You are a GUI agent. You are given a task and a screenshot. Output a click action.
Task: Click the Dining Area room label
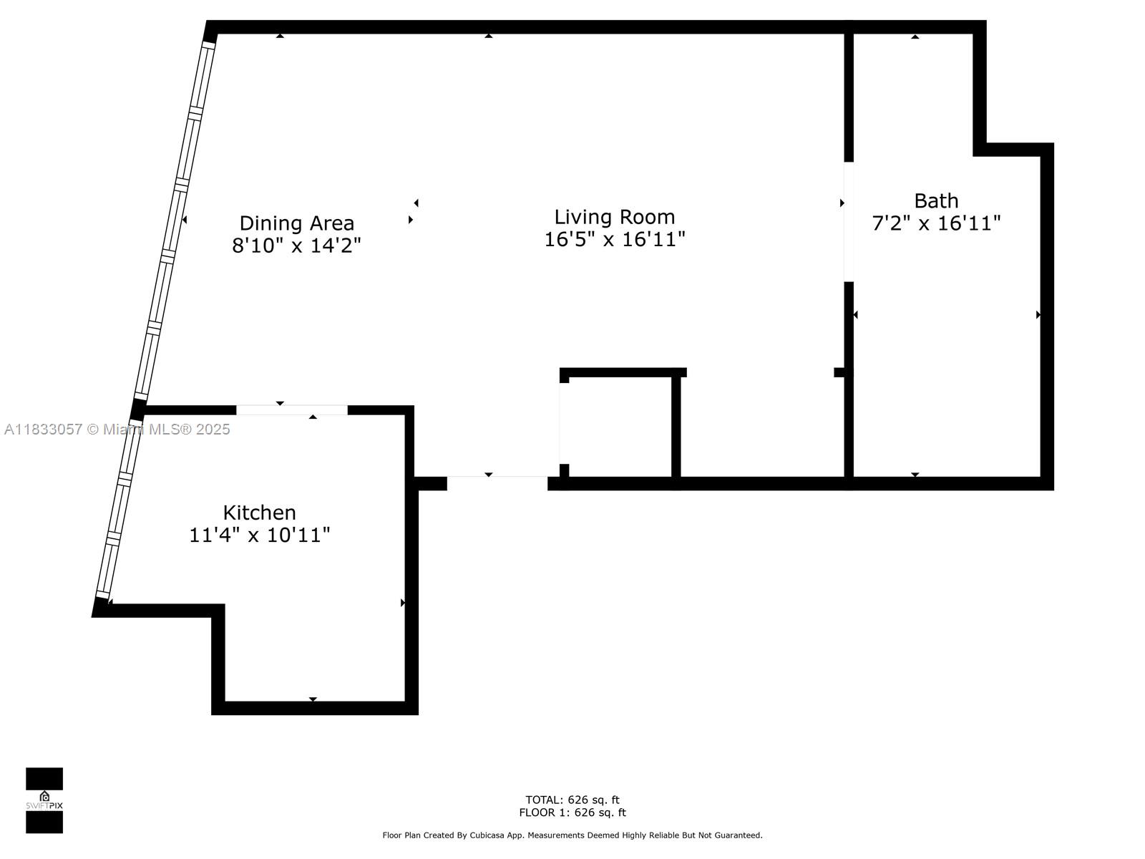pos(296,223)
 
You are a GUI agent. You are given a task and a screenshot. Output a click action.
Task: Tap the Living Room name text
pos(614,217)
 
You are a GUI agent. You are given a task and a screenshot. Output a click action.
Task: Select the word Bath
pos(936,200)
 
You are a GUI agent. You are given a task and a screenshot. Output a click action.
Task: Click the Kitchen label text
pos(259,513)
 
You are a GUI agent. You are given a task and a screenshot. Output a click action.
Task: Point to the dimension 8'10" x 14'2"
pos(296,246)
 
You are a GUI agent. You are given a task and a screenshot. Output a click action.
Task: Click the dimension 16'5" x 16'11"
pos(614,239)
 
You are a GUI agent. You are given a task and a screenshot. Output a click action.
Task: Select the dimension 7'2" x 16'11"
pos(936,223)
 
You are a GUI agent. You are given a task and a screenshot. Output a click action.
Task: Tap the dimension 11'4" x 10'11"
pos(259,535)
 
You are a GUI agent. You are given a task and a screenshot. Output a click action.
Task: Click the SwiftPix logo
pos(44,800)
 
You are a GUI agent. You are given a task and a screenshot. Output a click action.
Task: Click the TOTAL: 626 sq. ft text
pos(572,800)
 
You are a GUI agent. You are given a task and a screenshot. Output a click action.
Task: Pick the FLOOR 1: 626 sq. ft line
pos(572,812)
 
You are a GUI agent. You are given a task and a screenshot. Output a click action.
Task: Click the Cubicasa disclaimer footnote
pos(572,835)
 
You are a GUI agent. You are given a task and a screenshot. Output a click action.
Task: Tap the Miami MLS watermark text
pos(117,429)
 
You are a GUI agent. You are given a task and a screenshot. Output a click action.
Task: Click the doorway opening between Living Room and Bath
pos(849,222)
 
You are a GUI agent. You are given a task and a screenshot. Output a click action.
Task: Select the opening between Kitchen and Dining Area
pos(292,410)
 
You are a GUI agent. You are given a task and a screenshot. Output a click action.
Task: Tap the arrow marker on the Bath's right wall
pos(1038,314)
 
